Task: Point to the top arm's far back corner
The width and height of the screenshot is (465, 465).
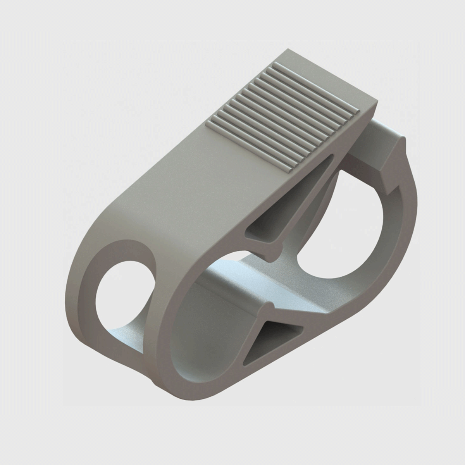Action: [x=289, y=50]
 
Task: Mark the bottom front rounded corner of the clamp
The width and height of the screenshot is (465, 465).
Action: [x=155, y=372]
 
